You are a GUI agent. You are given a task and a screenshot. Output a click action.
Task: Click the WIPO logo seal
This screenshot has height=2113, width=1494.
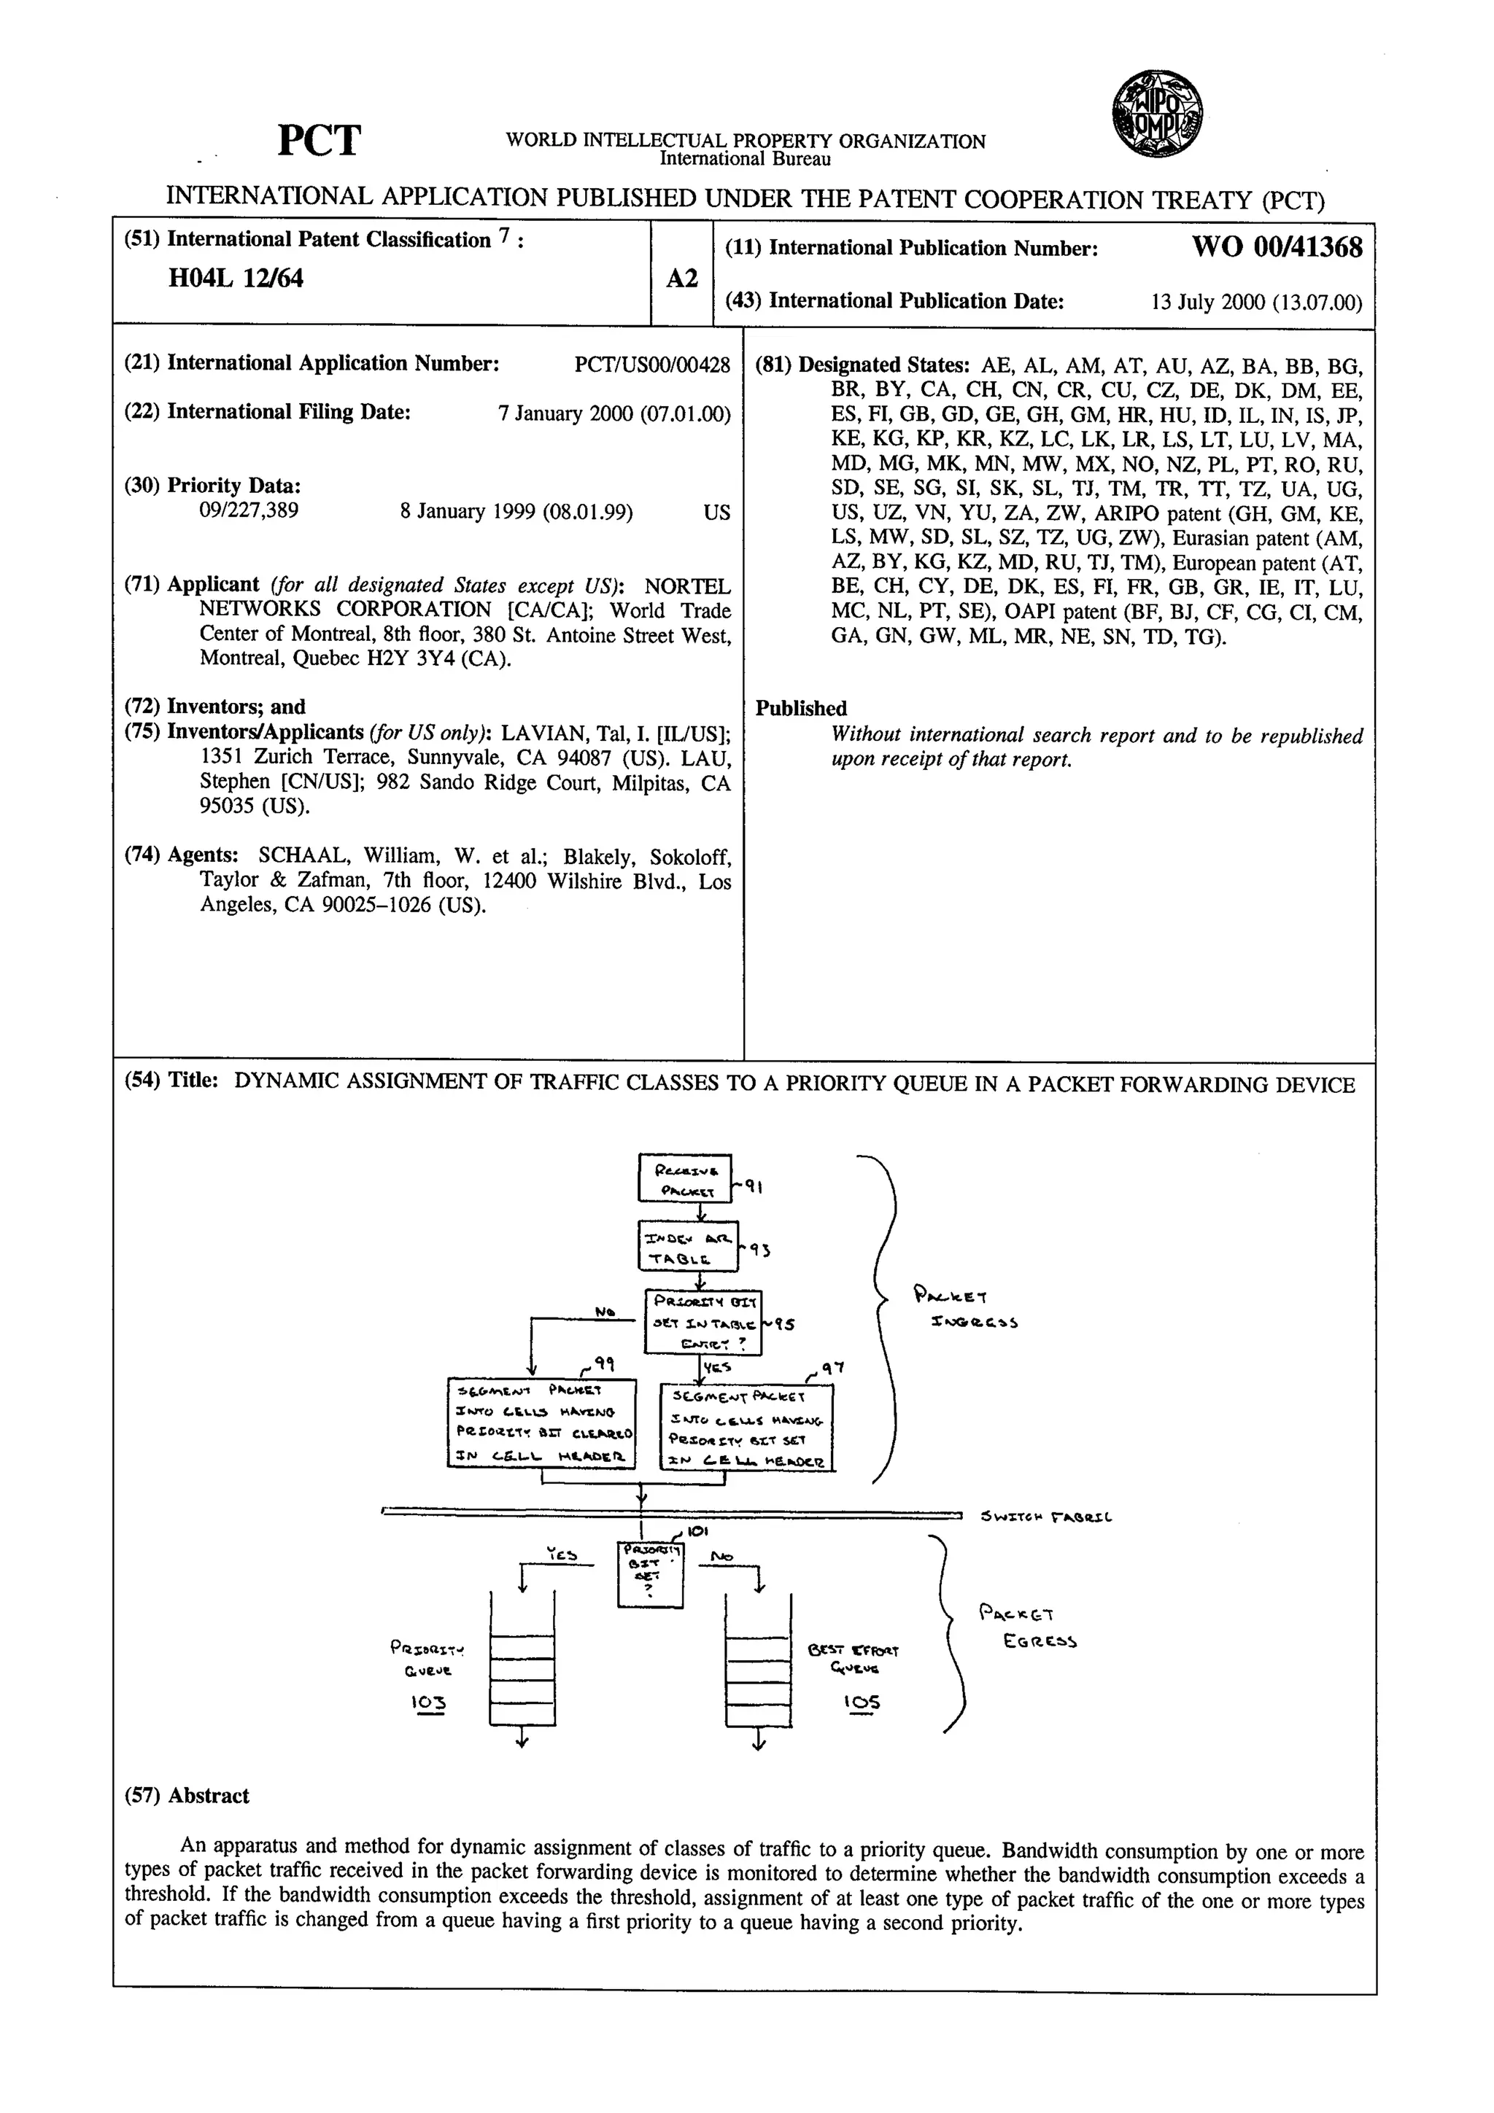(1156, 115)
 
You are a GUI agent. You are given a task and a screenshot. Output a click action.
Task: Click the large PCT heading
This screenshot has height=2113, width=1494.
(319, 141)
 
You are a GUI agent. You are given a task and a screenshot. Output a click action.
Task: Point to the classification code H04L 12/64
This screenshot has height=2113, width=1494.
(236, 278)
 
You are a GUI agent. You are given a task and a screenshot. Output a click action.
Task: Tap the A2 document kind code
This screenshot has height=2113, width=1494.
(681, 278)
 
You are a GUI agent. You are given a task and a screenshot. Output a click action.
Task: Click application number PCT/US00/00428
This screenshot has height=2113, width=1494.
(651, 365)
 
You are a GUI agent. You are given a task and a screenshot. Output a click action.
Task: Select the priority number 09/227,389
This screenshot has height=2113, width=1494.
(249, 511)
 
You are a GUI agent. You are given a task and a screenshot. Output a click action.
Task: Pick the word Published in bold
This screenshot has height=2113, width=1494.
(801, 708)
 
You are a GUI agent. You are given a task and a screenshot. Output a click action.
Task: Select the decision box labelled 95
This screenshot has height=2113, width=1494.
(703, 1320)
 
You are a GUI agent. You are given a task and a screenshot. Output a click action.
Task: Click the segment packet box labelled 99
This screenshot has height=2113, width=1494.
(541, 1423)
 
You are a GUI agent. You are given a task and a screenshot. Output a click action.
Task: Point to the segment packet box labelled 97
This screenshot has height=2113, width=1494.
(746, 1426)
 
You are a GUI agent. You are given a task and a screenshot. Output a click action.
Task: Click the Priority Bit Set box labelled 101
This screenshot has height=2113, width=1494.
(650, 1575)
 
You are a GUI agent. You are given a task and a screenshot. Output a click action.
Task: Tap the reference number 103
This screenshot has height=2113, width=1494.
(428, 1703)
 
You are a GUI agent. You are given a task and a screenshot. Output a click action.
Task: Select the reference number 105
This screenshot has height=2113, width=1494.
(862, 1702)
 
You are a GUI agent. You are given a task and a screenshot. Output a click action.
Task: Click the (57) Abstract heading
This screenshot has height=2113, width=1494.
(187, 1796)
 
